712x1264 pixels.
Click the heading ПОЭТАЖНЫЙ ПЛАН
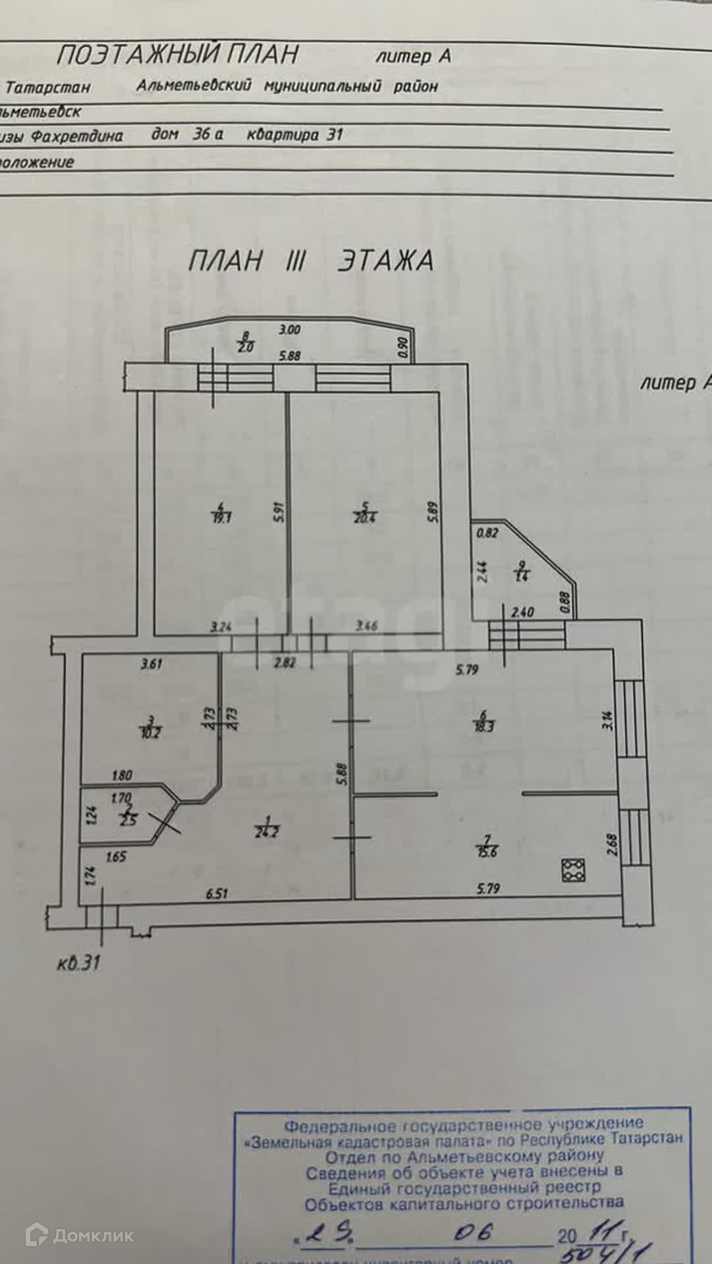click(177, 55)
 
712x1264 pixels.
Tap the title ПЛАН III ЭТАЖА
click(310, 261)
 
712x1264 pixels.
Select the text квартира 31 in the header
click(294, 135)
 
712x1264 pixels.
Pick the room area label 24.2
click(268, 831)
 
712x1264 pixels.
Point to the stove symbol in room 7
click(574, 870)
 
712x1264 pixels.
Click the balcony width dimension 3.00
click(290, 330)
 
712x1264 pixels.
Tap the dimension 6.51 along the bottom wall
click(217, 893)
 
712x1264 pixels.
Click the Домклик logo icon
click(38, 1236)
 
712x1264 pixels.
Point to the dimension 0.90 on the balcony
click(404, 348)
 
